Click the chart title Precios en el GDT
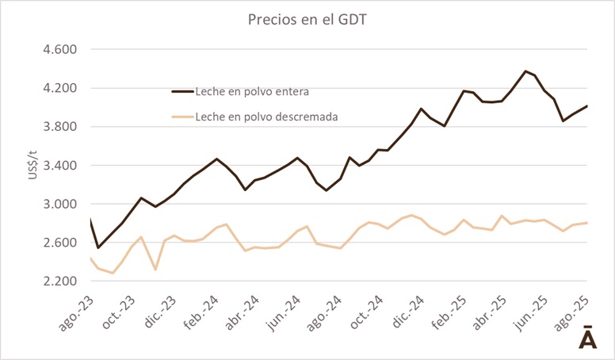[307, 18]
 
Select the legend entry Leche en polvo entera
[251, 91]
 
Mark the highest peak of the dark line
[525, 71]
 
